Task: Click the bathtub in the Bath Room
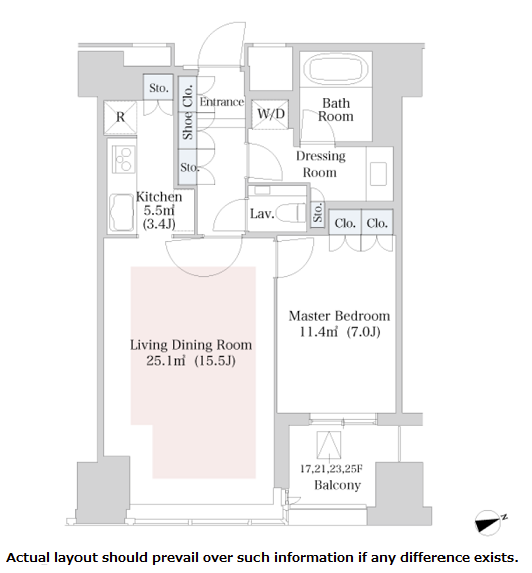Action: [336, 69]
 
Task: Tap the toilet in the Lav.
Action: [291, 213]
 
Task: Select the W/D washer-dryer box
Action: [270, 114]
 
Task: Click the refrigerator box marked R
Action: [120, 117]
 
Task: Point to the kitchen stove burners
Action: [124, 159]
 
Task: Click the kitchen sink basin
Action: [121, 213]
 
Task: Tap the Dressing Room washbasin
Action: [378, 174]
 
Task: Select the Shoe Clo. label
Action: [188, 112]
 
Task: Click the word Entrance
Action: [222, 102]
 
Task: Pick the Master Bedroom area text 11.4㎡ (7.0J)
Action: [340, 332]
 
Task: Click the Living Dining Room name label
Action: [191, 345]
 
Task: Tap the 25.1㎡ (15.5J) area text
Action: [191, 361]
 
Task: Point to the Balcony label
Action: [337, 485]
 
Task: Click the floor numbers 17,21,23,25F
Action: [331, 468]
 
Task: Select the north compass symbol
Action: [490, 523]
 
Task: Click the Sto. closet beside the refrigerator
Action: [158, 88]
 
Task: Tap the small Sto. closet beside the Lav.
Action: [318, 212]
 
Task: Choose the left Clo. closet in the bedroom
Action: [345, 223]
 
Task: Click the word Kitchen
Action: [159, 197]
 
